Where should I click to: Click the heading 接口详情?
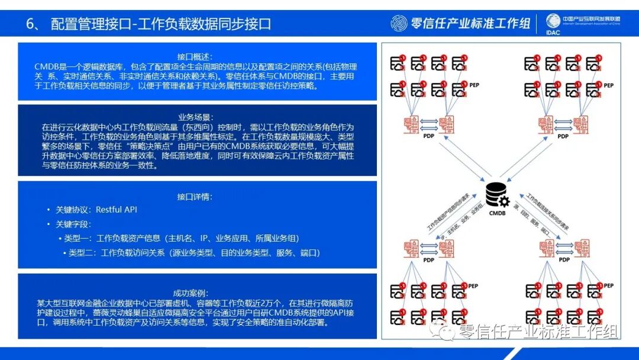(x=195, y=197)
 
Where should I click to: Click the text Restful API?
(x=117, y=210)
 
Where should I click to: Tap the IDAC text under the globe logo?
(x=553, y=32)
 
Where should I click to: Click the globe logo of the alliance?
(x=553, y=20)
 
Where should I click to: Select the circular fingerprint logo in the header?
(x=399, y=23)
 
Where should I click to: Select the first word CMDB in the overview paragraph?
(x=46, y=66)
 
